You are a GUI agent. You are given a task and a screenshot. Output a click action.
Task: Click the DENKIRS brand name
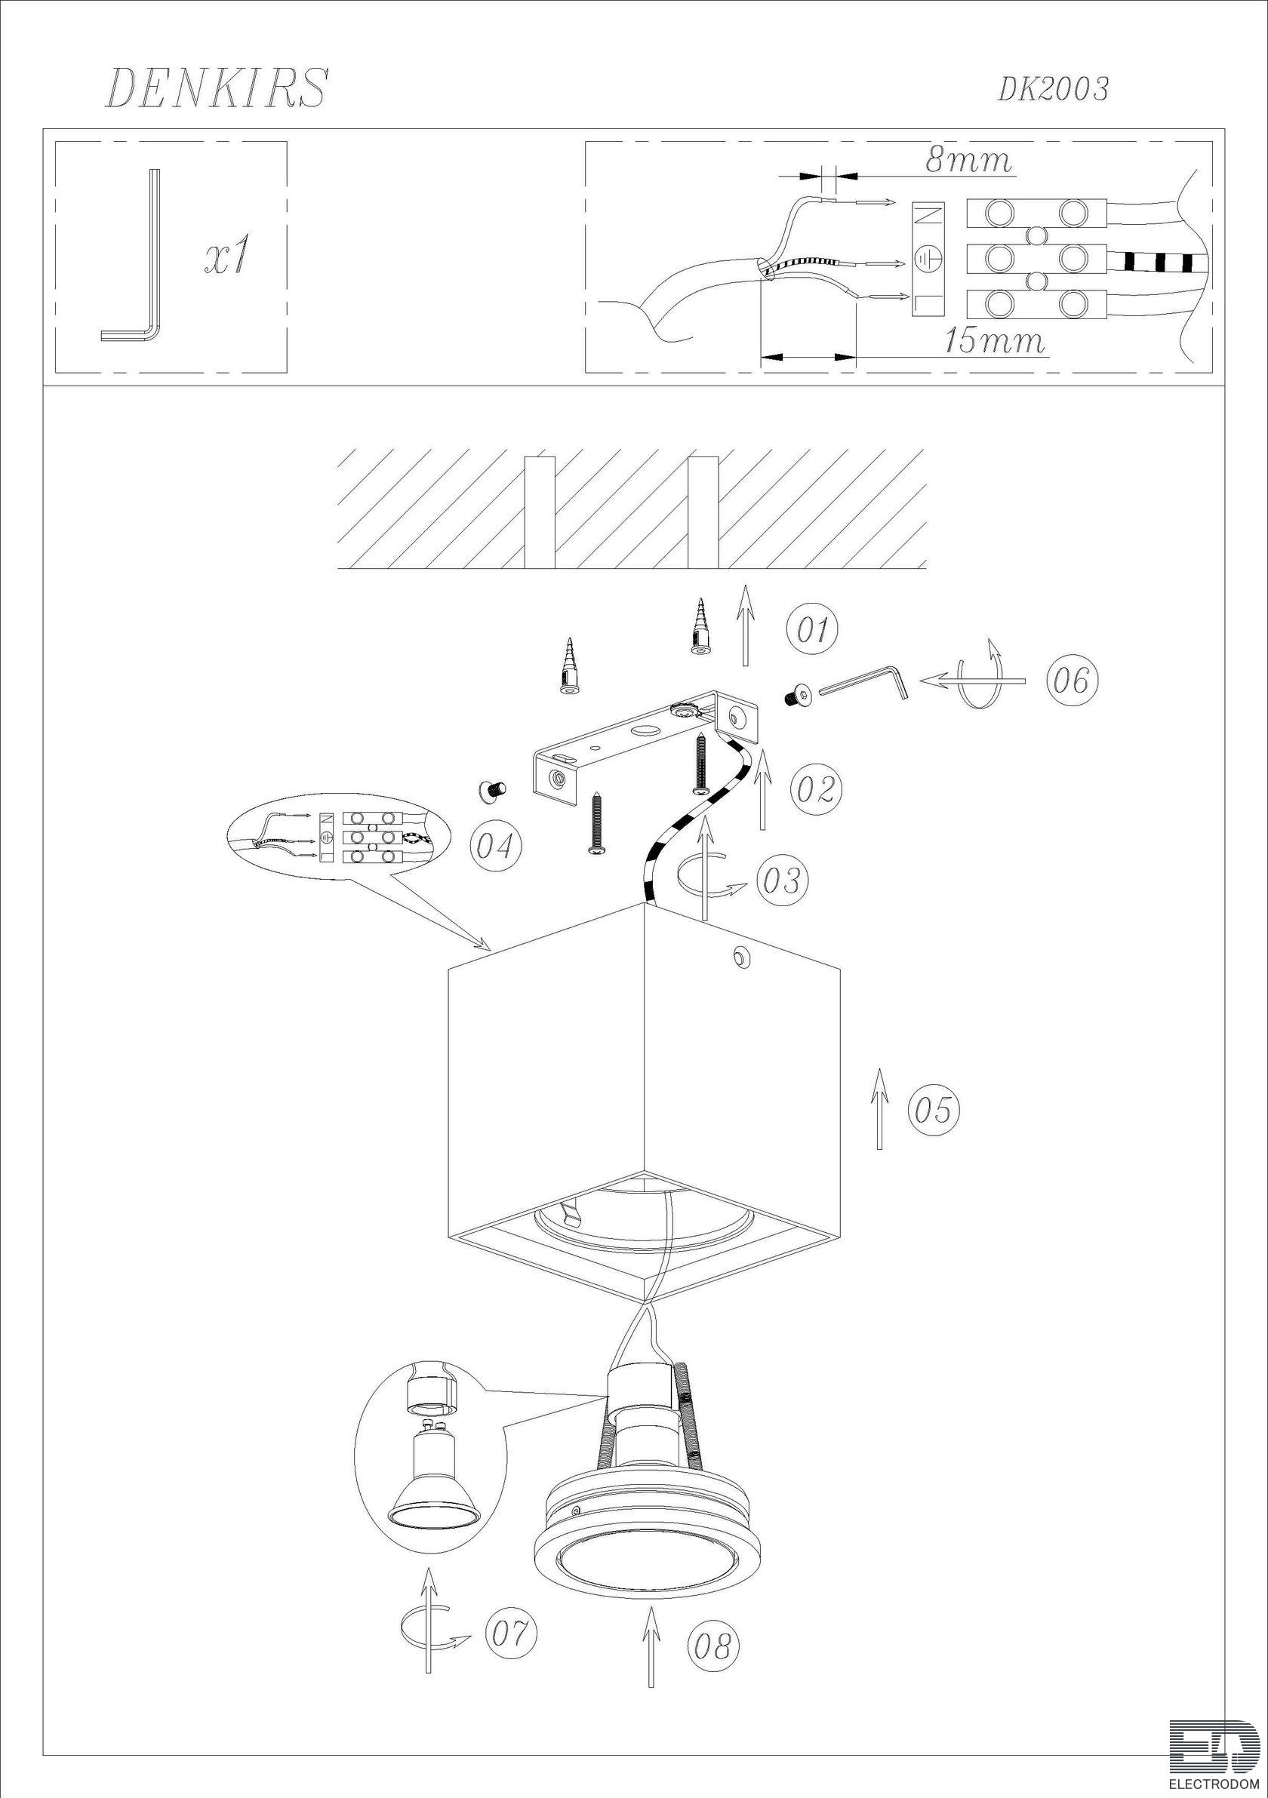[x=215, y=88]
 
